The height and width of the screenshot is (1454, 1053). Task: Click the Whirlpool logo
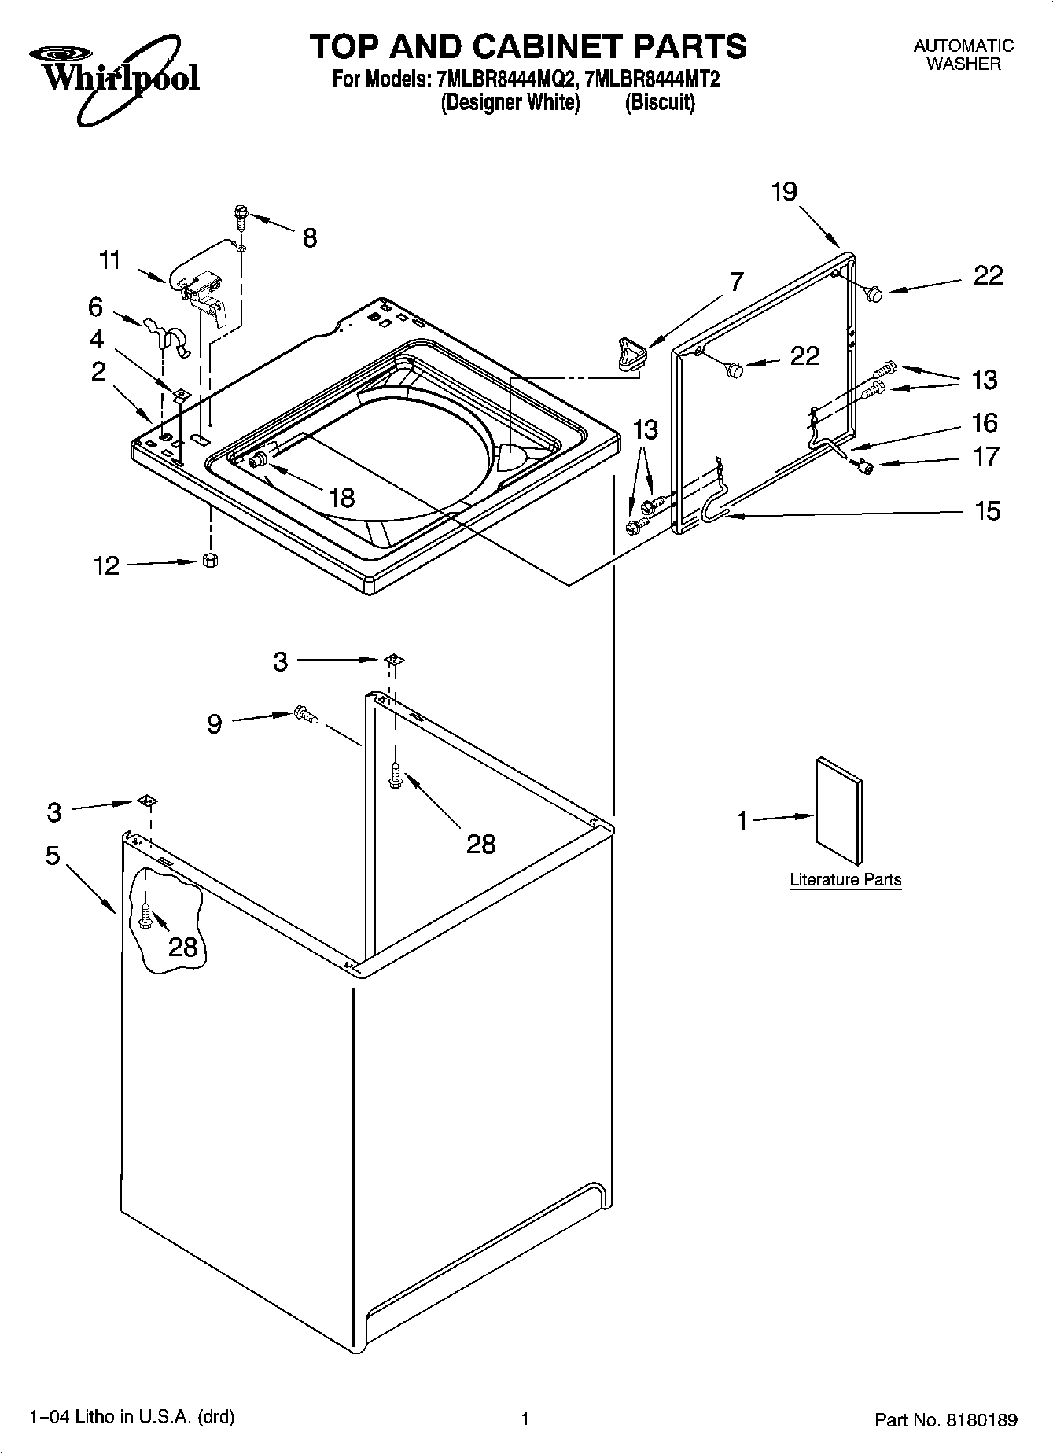(114, 75)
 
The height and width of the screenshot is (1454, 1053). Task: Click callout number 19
(784, 191)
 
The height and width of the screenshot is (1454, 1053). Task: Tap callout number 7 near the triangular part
(736, 282)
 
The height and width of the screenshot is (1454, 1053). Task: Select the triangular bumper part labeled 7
(629, 352)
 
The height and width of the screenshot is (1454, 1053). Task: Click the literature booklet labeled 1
(838, 810)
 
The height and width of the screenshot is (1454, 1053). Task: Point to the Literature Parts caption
(845, 880)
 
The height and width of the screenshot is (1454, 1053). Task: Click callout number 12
(106, 565)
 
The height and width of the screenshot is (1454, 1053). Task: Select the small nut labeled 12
(209, 560)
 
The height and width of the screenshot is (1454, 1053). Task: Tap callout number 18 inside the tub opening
(342, 498)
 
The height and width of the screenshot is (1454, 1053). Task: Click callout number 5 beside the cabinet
(53, 855)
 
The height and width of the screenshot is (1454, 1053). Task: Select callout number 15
(987, 511)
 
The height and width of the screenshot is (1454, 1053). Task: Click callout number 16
(985, 423)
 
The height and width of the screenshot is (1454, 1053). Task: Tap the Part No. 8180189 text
(946, 1420)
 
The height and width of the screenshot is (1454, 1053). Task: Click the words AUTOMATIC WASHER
(963, 55)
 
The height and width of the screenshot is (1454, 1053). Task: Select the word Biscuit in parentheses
(660, 103)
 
